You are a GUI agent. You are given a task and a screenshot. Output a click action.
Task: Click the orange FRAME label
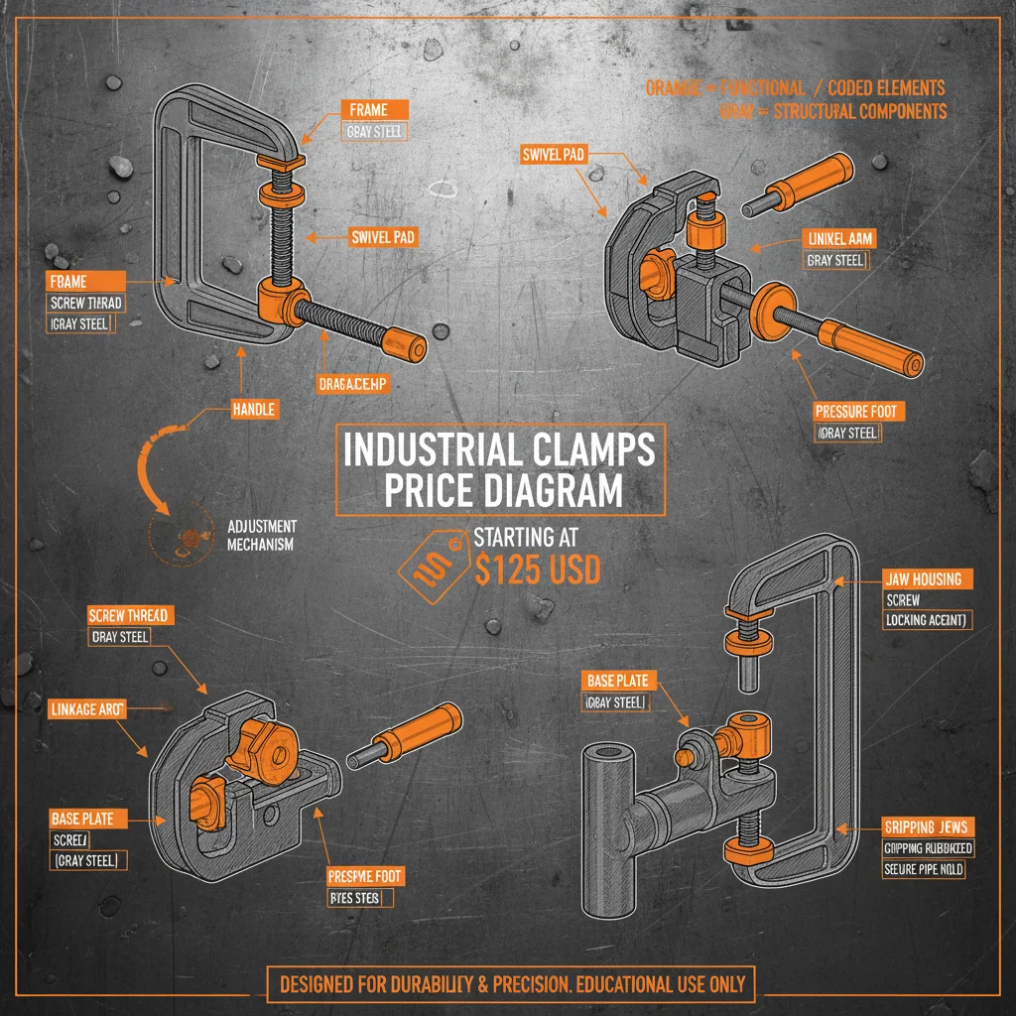369,110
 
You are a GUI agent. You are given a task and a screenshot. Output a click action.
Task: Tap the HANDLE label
254,408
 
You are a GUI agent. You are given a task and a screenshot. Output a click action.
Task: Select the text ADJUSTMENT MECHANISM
262,535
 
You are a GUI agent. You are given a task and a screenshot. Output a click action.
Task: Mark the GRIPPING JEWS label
927,826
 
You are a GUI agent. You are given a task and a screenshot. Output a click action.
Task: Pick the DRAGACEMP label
353,384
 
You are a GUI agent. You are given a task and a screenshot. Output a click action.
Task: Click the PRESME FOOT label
365,876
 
